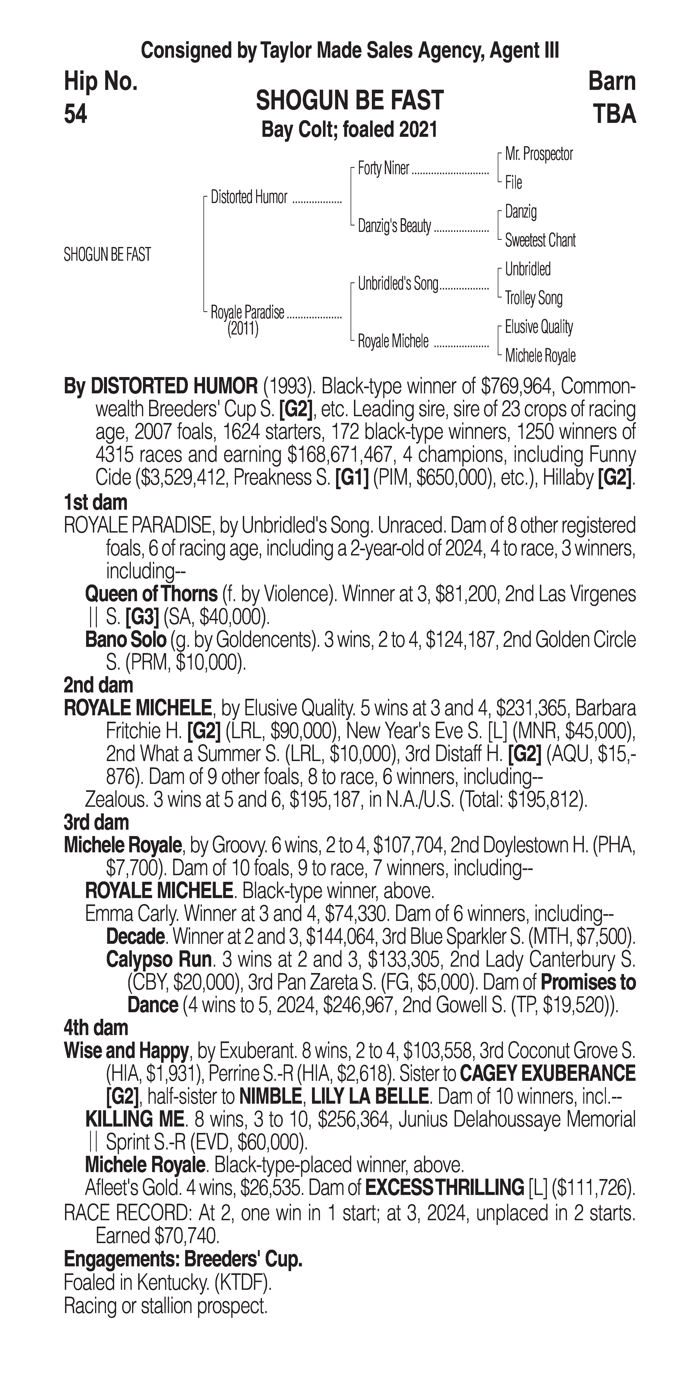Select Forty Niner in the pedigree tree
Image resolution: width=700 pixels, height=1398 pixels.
click(383, 169)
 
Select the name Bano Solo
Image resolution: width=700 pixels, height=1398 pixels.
click(125, 640)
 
